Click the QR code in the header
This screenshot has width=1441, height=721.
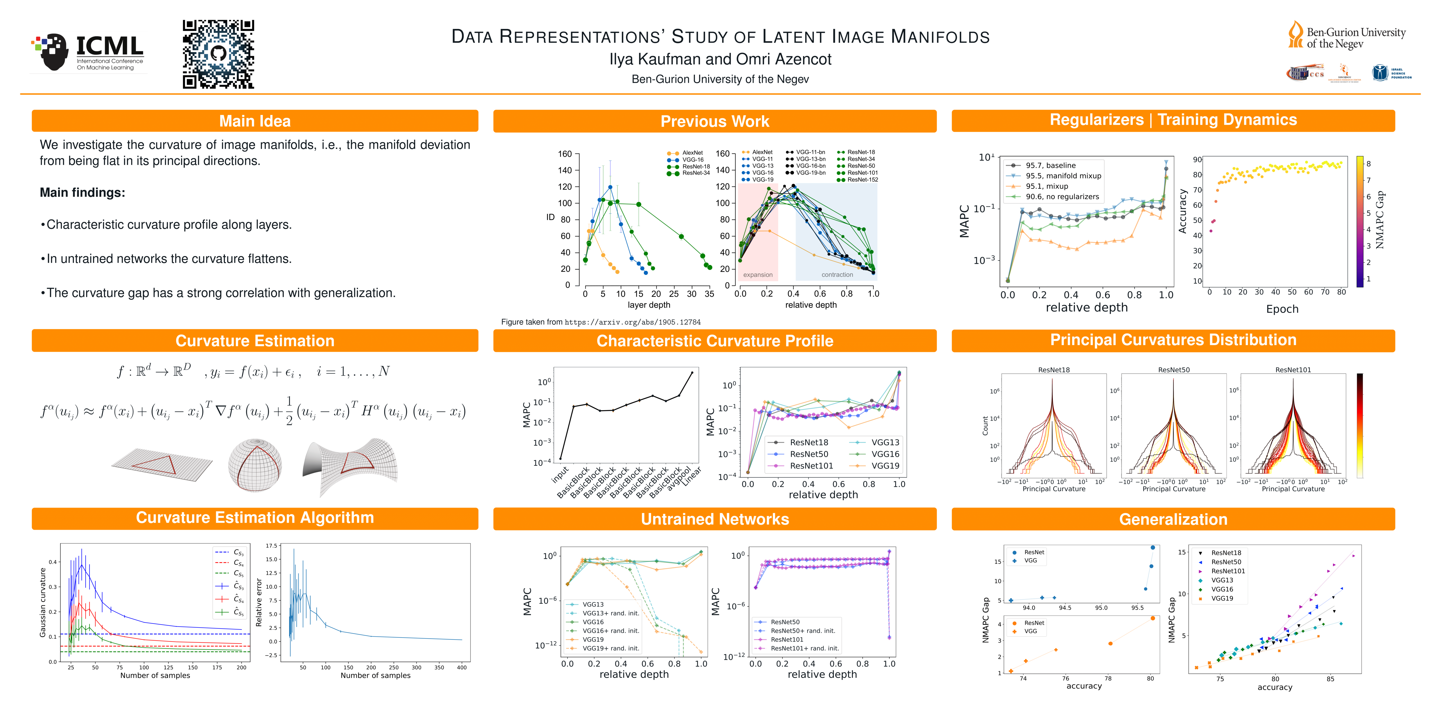pyautogui.click(x=218, y=54)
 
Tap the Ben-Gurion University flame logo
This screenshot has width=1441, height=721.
pyautogui.click(x=1295, y=35)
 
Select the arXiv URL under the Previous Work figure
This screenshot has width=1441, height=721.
pyautogui.click(x=632, y=322)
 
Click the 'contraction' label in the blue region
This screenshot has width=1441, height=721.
pyautogui.click(x=837, y=275)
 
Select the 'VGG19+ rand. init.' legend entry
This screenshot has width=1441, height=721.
pyautogui.click(x=610, y=648)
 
